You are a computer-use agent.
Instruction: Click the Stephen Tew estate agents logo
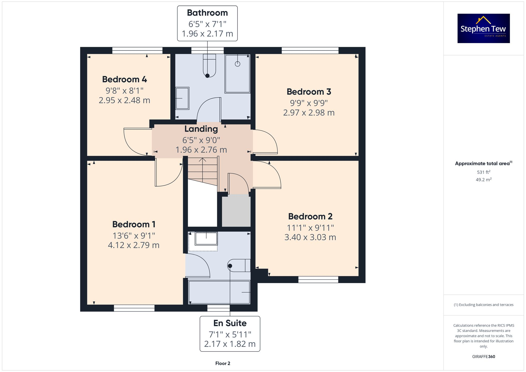click(x=483, y=28)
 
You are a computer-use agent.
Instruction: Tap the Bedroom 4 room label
click(x=124, y=79)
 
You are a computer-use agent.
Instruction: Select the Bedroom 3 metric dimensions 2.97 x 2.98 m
click(x=309, y=113)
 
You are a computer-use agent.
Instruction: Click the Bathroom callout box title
click(x=207, y=13)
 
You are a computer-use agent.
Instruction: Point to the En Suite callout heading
click(x=230, y=323)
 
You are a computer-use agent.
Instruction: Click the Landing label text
click(x=201, y=129)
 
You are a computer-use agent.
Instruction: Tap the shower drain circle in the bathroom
click(x=237, y=64)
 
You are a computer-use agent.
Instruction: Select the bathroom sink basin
click(x=182, y=98)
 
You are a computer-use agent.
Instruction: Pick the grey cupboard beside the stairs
click(x=236, y=210)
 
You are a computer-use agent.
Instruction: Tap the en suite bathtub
click(x=219, y=292)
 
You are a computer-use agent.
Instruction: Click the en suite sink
click(x=206, y=238)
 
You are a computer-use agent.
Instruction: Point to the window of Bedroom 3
click(x=310, y=50)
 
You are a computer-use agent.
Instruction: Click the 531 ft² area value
click(x=483, y=172)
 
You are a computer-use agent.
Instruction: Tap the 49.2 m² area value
click(x=483, y=180)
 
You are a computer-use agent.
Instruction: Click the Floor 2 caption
click(x=222, y=363)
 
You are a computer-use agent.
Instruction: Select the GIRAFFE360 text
click(x=483, y=357)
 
